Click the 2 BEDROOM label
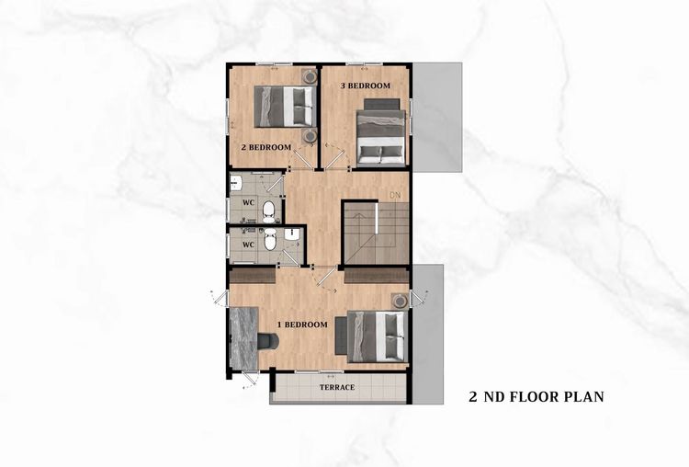[x=265, y=147]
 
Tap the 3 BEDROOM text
[x=366, y=85]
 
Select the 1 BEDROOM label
[x=302, y=325]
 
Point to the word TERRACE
[x=337, y=387]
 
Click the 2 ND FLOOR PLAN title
[x=537, y=396]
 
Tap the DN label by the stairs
[x=395, y=195]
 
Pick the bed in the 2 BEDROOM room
[x=285, y=107]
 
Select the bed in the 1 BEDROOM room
[x=377, y=336]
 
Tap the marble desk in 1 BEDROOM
[x=243, y=337]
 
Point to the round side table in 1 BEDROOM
[x=401, y=302]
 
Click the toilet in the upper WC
[x=268, y=211]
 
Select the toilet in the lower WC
[x=270, y=239]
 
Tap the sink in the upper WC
[x=235, y=183]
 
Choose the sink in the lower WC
[x=291, y=233]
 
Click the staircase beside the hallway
[x=376, y=233]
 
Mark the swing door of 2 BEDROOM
[x=303, y=158]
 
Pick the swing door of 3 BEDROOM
[x=335, y=157]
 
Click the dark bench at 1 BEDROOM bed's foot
[x=341, y=336]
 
